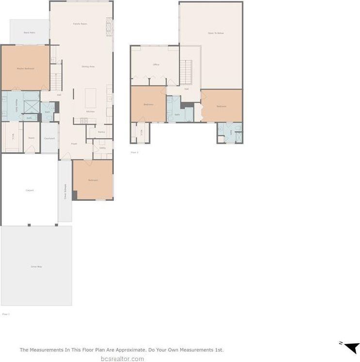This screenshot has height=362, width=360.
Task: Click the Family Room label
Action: click(x=80, y=24)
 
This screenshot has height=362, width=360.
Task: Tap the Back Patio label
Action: click(x=30, y=32)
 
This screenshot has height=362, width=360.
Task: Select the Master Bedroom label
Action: click(x=25, y=69)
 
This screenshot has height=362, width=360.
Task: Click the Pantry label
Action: click(x=101, y=132)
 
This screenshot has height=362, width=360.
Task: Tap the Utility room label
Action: click(x=103, y=148)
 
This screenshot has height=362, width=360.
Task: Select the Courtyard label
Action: click(x=49, y=138)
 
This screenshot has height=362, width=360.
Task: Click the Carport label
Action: click(x=30, y=190)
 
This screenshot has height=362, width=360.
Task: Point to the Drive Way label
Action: click(x=36, y=267)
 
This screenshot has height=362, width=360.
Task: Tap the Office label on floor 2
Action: click(x=156, y=64)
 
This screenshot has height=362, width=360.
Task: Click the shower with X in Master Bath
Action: click(x=31, y=106)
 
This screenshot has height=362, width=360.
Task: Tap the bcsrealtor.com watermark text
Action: click(x=122, y=359)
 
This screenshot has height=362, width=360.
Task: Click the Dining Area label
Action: click(x=88, y=66)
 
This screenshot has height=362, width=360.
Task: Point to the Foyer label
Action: click(x=74, y=144)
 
